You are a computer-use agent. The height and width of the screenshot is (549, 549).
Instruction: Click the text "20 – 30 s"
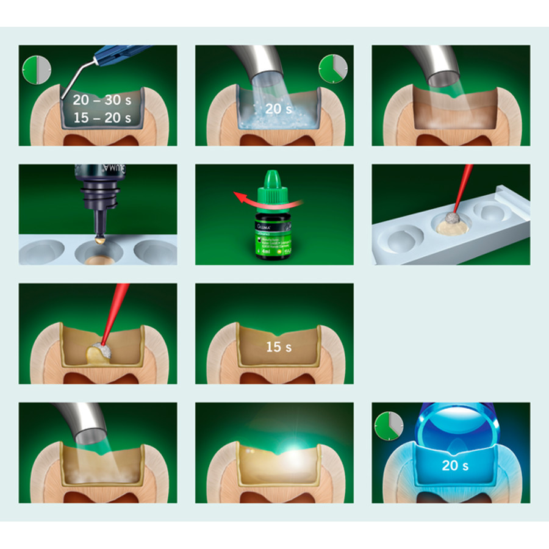point(101,99)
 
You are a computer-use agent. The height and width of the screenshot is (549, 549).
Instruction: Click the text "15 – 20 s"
point(101,118)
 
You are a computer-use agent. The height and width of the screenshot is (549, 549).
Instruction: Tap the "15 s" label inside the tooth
point(278,348)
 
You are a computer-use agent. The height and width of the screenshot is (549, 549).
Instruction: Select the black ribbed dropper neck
point(98,202)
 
